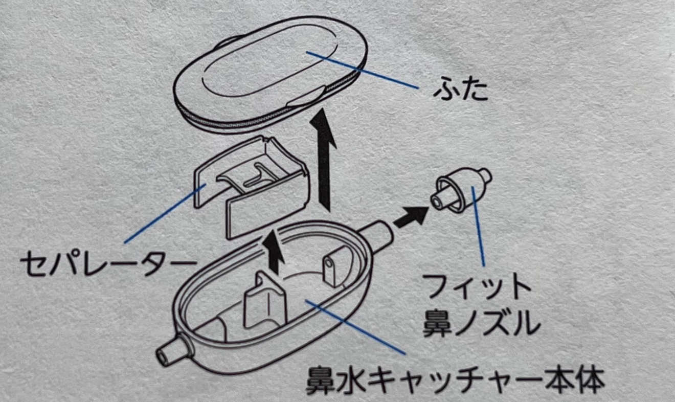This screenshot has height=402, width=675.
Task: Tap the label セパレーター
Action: click(x=108, y=264)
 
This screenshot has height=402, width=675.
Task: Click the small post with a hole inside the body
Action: click(x=331, y=269)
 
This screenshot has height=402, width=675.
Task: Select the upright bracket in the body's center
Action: click(x=263, y=302)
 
